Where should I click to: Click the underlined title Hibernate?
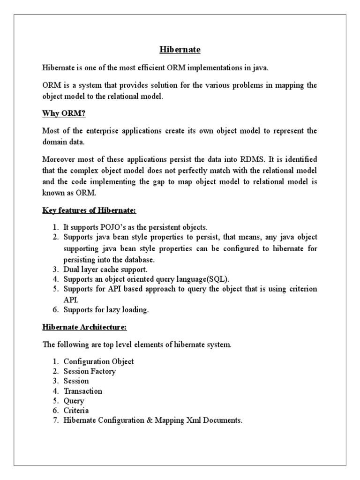180,49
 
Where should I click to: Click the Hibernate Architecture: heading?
84,327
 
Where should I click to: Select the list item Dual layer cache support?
105,270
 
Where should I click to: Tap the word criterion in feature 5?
298,289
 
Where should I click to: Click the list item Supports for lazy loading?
106,309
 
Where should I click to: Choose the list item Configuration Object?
98,361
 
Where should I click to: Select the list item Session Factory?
90,371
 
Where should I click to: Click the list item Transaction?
82,391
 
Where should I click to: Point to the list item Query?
74,401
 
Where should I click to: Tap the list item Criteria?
76,411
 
